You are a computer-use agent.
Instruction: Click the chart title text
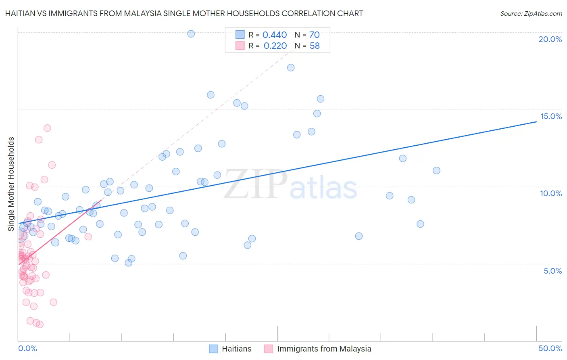pyautogui.click(x=184, y=14)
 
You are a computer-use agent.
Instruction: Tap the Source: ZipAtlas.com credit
pyautogui.click(x=531, y=14)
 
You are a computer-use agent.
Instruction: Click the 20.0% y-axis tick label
pyautogui.click(x=550, y=39)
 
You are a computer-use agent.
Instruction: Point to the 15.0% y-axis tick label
pyautogui.click(x=551, y=116)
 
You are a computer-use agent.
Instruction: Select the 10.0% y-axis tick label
pyautogui.click(x=551, y=193)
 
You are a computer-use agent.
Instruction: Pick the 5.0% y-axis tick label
pyautogui.click(x=552, y=271)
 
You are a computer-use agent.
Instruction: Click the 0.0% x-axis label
pyautogui.click(x=27, y=348)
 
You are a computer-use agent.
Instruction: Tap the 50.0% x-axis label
pyautogui.click(x=550, y=348)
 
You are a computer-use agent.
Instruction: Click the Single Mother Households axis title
pyautogui.click(x=11, y=184)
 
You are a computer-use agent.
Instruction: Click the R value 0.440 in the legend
pyautogui.click(x=275, y=35)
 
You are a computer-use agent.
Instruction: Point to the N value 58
pyautogui.click(x=315, y=46)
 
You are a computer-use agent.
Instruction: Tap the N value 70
pyautogui.click(x=315, y=35)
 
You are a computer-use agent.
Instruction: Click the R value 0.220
pyautogui.click(x=275, y=46)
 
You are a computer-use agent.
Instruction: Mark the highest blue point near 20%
pyautogui.click(x=191, y=34)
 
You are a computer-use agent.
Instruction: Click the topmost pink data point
pyautogui.click(x=47, y=128)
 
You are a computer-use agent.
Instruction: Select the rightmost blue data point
pyautogui.click(x=436, y=170)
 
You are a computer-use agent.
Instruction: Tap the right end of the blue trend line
pyautogui.click(x=536, y=121)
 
